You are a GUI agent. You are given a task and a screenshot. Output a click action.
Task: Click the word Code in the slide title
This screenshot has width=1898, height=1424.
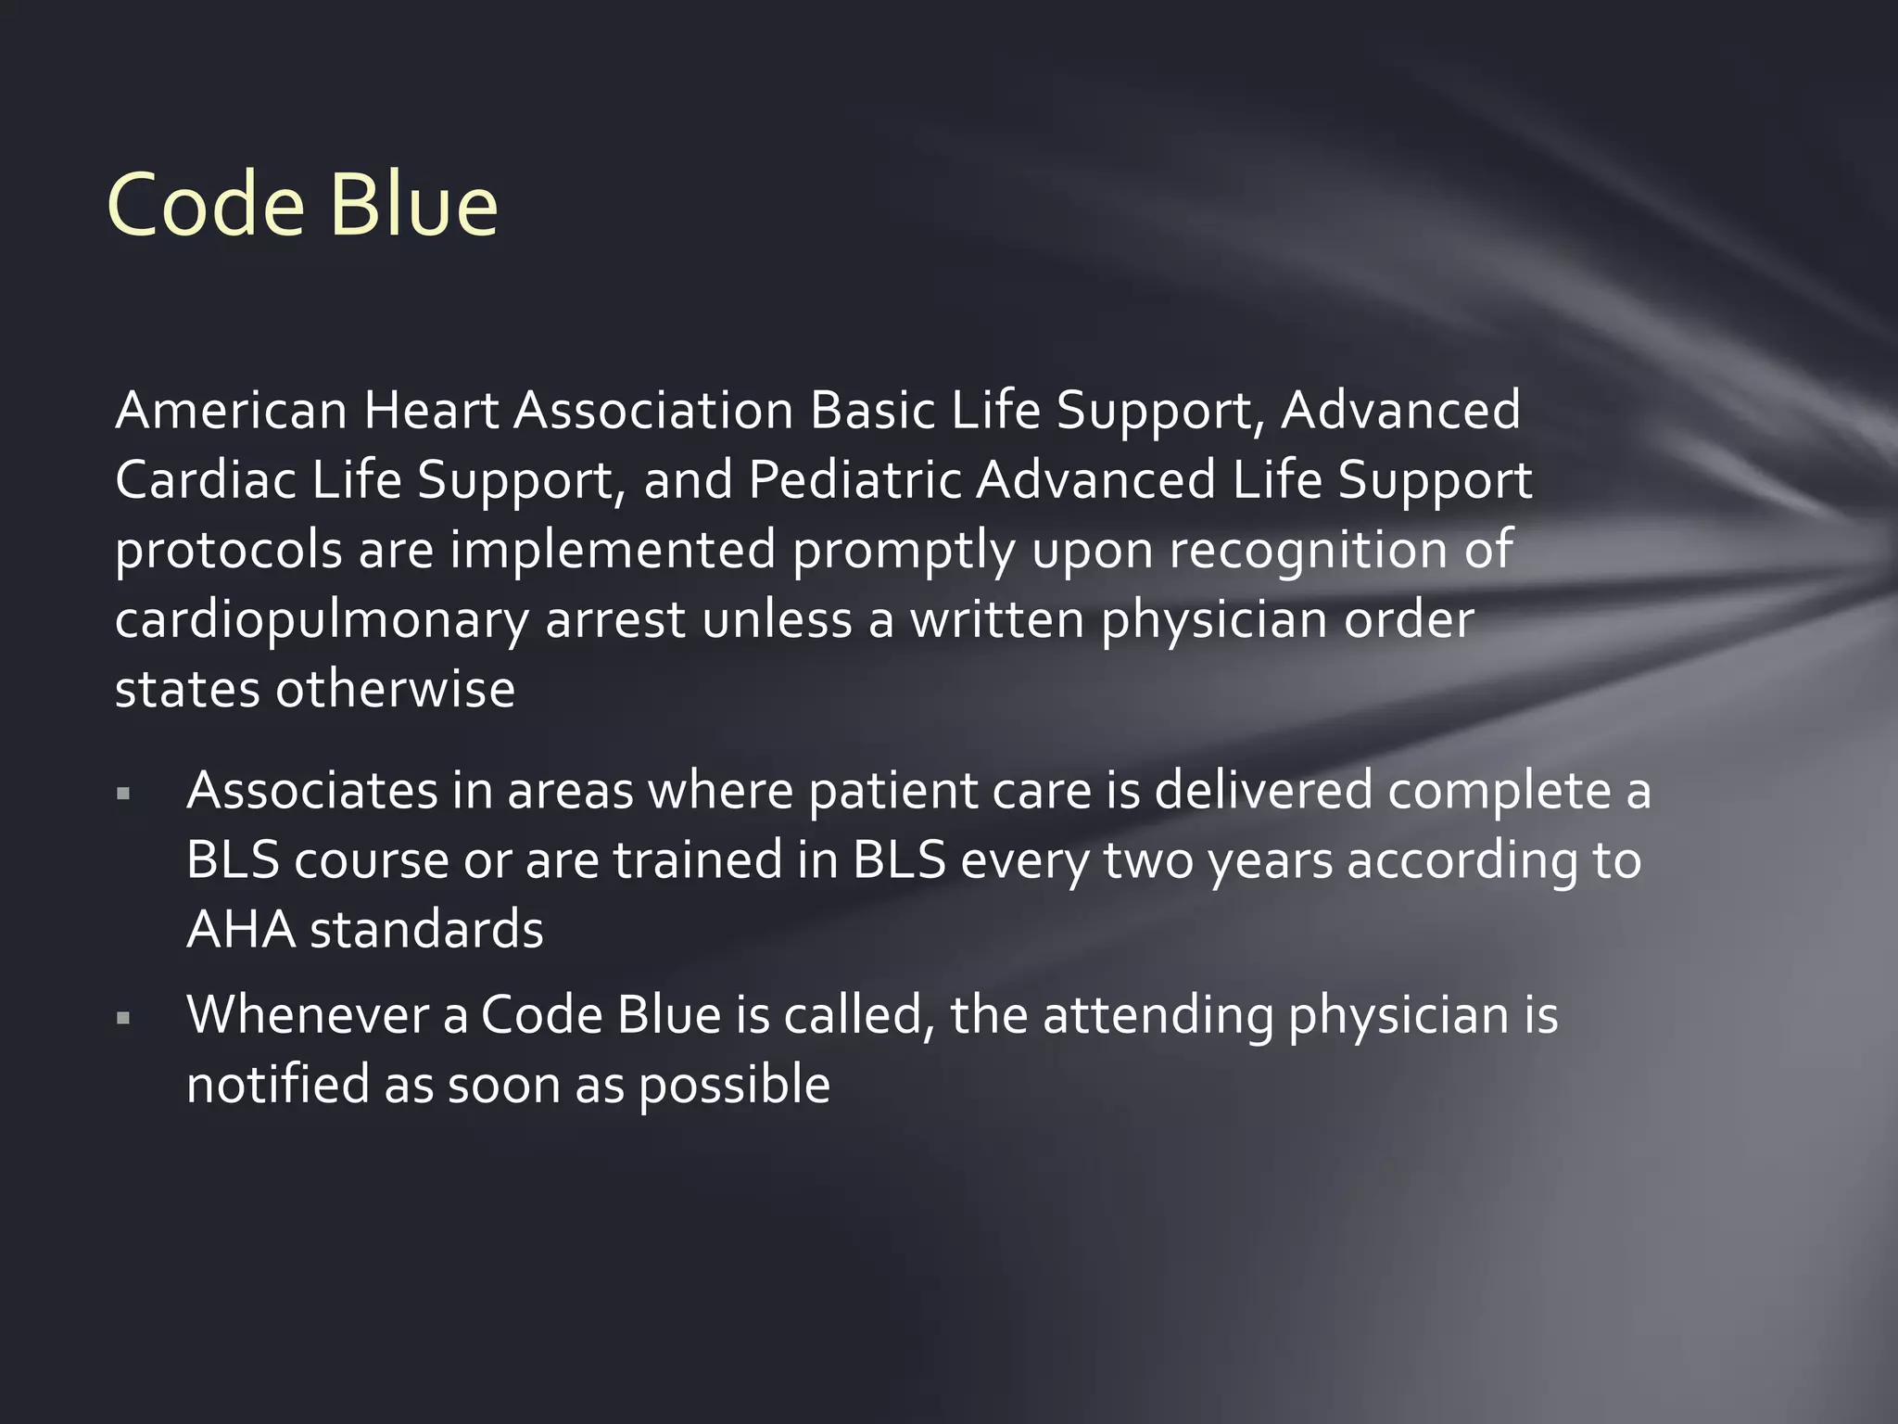tap(206, 206)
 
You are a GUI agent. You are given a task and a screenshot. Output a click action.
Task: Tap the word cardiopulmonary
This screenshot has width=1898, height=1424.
tap(321, 621)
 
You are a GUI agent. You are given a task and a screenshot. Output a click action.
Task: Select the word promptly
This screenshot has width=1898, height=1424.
tap(904, 552)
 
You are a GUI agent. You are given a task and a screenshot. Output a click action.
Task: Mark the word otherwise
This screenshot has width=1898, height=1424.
tap(395, 690)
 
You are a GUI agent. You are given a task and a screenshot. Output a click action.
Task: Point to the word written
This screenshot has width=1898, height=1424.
tap(997, 619)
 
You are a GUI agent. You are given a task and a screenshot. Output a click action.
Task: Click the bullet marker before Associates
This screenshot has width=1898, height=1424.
tap(123, 794)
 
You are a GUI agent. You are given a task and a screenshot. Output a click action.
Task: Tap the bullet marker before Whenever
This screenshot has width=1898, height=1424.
tap(123, 1019)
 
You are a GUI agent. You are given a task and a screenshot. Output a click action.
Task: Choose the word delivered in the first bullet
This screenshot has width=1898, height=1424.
tap(1263, 791)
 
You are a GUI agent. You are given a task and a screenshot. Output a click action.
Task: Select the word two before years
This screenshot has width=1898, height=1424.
tap(1148, 860)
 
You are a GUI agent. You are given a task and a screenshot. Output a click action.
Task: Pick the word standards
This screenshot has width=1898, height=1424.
tap(426, 930)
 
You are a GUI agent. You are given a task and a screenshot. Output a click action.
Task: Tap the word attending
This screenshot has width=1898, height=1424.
tap(1158, 1016)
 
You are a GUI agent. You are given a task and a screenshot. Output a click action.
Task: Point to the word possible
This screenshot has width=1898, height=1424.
tap(734, 1087)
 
